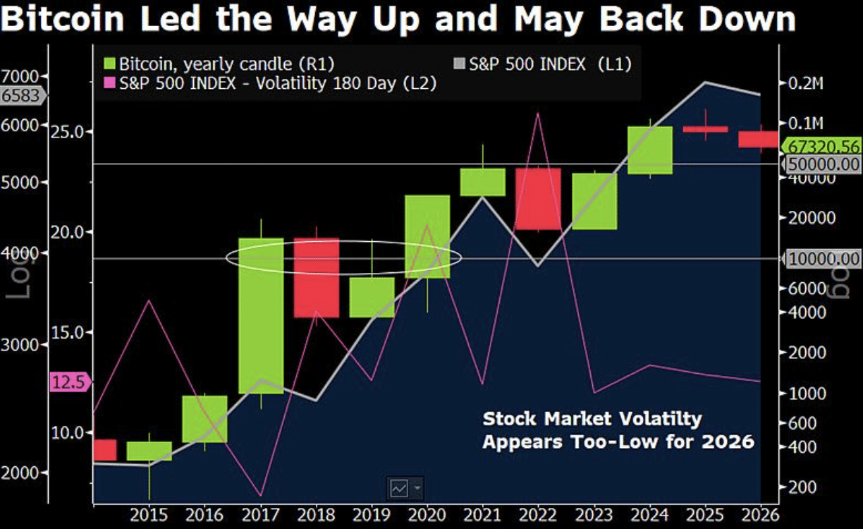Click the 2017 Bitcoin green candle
(261, 315)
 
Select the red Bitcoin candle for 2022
(538, 198)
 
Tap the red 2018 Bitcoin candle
(316, 277)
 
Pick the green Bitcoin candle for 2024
(650, 150)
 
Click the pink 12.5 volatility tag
(68, 382)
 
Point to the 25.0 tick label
(69, 132)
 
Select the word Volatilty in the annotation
(652, 419)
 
